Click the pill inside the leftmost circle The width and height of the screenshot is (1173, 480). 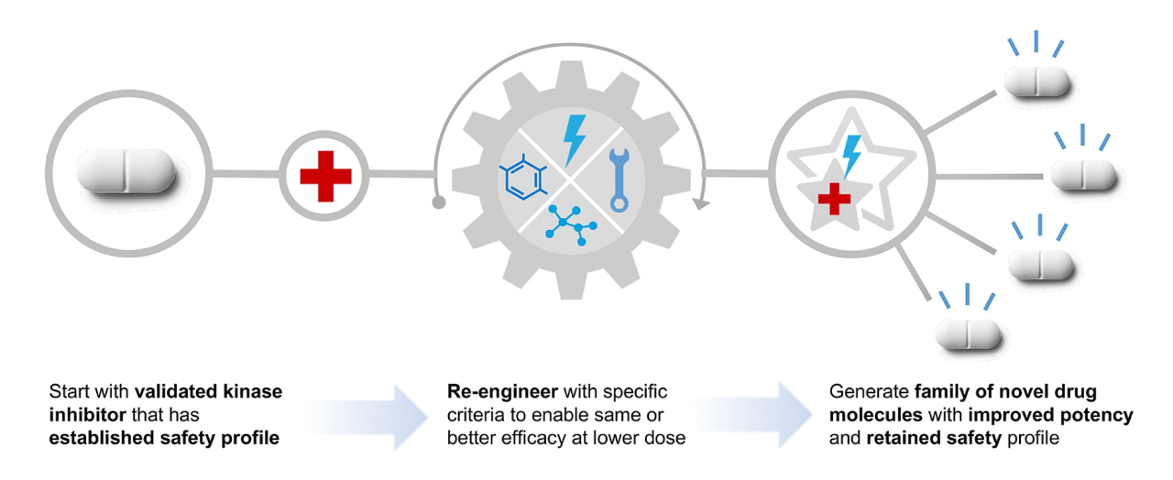coord(126,170)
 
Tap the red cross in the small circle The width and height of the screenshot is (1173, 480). coord(325,177)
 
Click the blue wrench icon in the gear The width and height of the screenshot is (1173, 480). coord(619,180)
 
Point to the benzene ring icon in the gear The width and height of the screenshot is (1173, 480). coord(523,178)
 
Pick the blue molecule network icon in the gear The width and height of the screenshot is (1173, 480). coord(571,225)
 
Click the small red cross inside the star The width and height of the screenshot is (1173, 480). coord(834,199)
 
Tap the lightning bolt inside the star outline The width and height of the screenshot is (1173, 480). coord(851,156)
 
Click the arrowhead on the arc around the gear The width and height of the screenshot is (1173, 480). coord(701,203)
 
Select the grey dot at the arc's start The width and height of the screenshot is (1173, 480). coord(439,202)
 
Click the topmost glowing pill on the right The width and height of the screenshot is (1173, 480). coord(1036,82)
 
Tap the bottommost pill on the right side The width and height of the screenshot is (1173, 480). coord(969,334)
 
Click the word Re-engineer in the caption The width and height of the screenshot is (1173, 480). coord(502,391)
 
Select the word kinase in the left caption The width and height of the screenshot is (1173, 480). coord(253,391)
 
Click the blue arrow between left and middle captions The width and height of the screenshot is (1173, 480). coord(367,417)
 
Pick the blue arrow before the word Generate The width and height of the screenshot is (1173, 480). coord(754,415)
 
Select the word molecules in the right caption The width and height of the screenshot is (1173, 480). coord(875,415)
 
